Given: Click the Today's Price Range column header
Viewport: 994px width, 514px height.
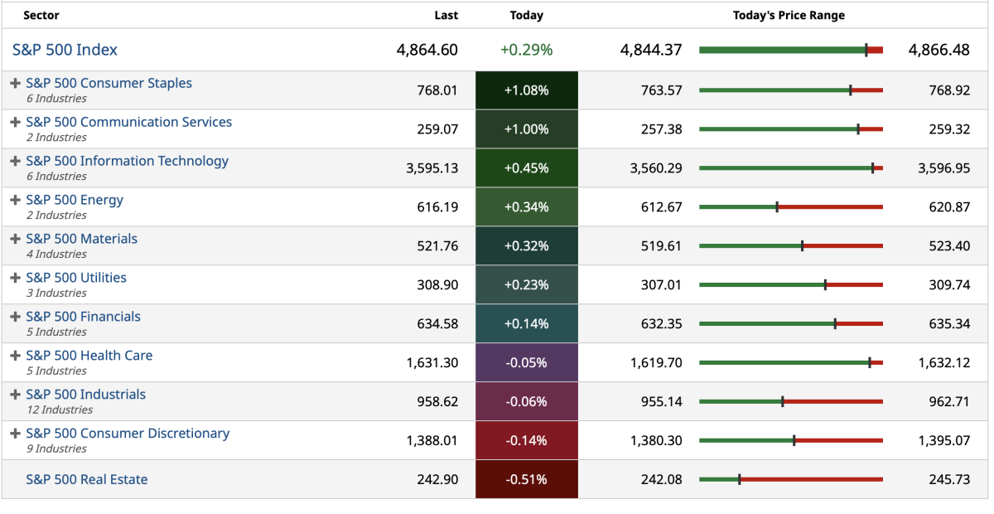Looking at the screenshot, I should click(789, 15).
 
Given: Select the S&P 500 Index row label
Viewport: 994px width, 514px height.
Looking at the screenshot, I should click(65, 50).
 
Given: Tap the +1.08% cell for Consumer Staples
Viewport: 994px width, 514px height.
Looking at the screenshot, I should click(526, 90).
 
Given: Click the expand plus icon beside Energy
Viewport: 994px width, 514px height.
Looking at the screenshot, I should click(15, 200).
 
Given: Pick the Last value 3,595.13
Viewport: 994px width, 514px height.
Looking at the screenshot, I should click(432, 168).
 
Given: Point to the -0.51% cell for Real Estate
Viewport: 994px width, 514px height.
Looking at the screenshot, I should click(526, 479).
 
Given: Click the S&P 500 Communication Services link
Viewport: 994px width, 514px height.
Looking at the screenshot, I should click(128, 122).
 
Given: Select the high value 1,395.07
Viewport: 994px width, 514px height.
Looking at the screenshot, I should click(943, 440).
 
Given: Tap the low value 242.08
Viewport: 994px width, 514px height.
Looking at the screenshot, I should click(661, 479).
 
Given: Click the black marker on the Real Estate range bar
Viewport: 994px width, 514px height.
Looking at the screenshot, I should click(739, 479).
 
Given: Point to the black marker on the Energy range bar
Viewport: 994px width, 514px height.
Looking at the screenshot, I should click(777, 206).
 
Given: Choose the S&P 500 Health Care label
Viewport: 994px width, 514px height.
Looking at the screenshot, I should click(89, 356).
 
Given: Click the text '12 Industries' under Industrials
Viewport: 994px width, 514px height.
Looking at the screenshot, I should click(59, 410).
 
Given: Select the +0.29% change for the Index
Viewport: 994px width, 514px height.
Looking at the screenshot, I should click(526, 50).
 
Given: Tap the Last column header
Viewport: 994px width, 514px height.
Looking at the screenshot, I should click(446, 15).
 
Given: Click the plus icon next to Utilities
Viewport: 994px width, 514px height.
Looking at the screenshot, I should click(15, 278).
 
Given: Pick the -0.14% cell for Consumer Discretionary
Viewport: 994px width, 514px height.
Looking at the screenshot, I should click(526, 440).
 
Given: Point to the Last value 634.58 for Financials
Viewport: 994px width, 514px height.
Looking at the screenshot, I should click(437, 323).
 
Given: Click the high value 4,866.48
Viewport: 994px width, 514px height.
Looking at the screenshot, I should click(939, 50).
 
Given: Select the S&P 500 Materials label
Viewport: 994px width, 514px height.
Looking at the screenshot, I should click(81, 239).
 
